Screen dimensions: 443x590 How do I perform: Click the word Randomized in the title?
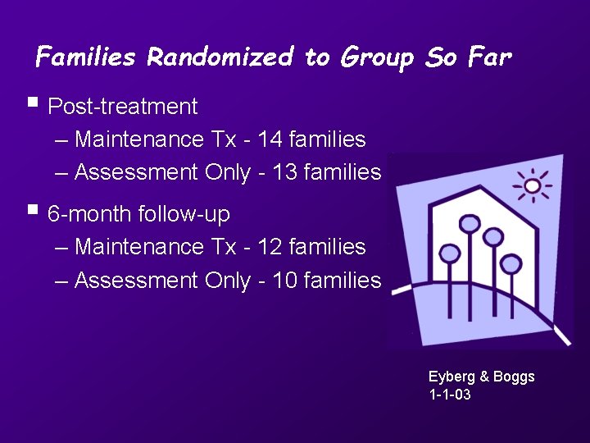pos(219,57)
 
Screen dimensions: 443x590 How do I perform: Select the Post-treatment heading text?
pos(123,107)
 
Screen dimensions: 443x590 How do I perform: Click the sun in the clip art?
pos(533,186)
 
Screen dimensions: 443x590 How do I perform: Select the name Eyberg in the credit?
pos(452,377)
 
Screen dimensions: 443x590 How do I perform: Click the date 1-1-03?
pos(450,395)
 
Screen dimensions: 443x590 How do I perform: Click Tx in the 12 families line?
pos(224,246)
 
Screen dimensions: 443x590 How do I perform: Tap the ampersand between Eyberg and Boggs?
pos(484,377)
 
